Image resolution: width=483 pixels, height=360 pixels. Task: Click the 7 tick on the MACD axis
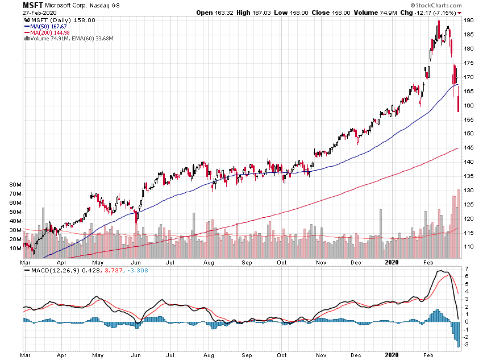coord(466,268)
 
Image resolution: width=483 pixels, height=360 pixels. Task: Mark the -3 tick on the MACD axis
coord(467,345)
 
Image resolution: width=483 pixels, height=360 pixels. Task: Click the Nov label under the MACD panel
coord(321,355)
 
